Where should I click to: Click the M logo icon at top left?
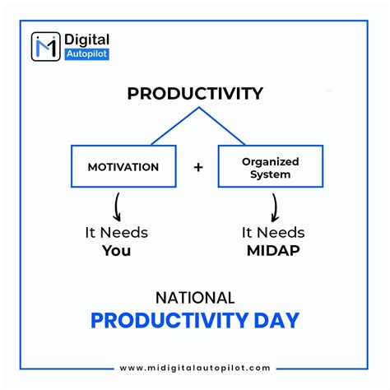click(x=45, y=46)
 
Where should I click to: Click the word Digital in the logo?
click(x=86, y=39)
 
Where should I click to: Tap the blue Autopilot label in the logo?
click(x=86, y=54)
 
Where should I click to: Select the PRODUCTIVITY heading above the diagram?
click(x=194, y=93)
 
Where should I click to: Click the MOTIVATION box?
click(x=123, y=167)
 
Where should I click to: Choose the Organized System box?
click(x=270, y=167)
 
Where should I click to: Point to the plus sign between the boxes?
click(x=198, y=167)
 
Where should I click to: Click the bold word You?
click(x=116, y=250)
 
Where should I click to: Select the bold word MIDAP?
click(x=273, y=250)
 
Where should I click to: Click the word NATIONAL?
click(x=195, y=297)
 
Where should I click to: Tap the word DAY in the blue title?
click(x=276, y=320)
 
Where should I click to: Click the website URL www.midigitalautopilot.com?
click(x=195, y=368)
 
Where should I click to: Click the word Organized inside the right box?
click(x=270, y=161)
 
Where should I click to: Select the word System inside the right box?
click(x=270, y=174)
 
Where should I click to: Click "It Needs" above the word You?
click(x=116, y=232)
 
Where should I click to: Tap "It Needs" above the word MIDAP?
click(x=273, y=232)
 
